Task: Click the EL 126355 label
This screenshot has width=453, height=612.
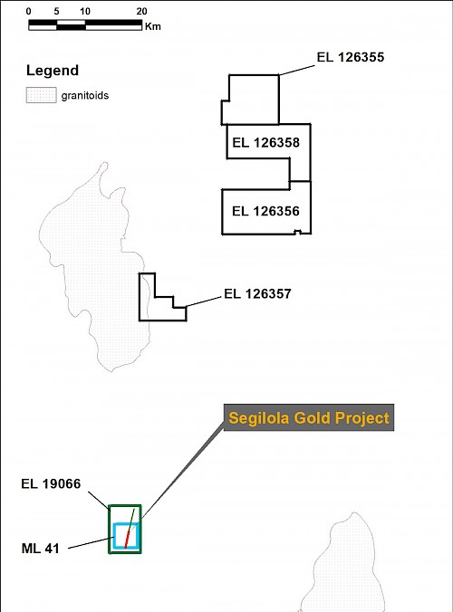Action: point(351,57)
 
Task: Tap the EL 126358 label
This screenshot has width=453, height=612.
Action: point(266,142)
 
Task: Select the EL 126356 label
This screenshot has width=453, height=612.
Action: point(265,211)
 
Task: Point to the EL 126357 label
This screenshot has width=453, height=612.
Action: point(257,293)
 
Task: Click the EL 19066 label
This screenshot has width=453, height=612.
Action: point(51,483)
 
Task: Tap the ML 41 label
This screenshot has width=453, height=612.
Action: point(40,549)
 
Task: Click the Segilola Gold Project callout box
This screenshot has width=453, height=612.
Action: point(309,417)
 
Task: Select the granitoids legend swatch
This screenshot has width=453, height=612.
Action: point(42,95)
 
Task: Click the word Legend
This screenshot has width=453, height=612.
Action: point(53,71)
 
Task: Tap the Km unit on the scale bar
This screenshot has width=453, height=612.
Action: point(153,26)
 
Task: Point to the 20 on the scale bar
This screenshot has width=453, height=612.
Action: point(141,12)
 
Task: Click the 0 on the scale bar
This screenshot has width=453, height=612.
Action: point(28,12)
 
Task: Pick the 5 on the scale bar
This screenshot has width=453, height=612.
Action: point(56,12)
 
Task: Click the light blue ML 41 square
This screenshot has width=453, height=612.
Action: point(114,536)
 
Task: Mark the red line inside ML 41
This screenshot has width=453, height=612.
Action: point(127,540)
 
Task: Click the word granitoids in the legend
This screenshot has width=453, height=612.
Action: point(85,96)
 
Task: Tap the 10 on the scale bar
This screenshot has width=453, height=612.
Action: point(85,12)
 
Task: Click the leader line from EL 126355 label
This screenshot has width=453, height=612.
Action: point(297,71)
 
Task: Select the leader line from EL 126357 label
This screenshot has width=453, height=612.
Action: point(204,301)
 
